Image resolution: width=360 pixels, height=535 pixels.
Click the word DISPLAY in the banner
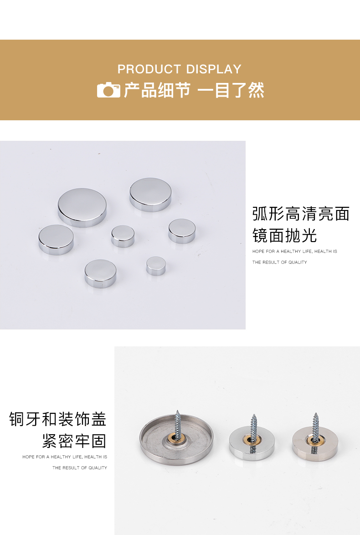pos(214,69)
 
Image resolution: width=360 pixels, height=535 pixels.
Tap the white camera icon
pos(108,90)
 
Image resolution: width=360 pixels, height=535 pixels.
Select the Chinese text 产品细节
pos(157,90)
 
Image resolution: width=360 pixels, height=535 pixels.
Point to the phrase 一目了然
pos(231,90)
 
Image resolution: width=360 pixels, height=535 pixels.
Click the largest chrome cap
pos(82,207)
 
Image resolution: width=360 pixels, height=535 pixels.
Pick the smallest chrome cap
pos(156,266)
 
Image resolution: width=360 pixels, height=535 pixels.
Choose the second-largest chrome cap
pos(150,195)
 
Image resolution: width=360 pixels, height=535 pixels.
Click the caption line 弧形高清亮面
pos(301,214)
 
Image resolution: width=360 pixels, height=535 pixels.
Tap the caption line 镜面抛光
pos(285,236)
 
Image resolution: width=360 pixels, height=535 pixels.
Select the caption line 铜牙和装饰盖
pos(58,419)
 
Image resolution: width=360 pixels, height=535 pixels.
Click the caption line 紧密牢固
pos(74,441)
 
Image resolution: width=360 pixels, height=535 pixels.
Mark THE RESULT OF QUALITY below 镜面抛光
pos(280,262)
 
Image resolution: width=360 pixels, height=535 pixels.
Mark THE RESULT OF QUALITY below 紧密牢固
pos(80,468)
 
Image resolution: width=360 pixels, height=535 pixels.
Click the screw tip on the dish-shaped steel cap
pos(177,411)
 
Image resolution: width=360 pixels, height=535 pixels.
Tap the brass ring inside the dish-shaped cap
pos(176,438)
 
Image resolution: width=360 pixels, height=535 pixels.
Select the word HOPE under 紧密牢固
pos(28,457)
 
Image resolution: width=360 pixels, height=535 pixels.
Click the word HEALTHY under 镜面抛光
pos(291,252)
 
